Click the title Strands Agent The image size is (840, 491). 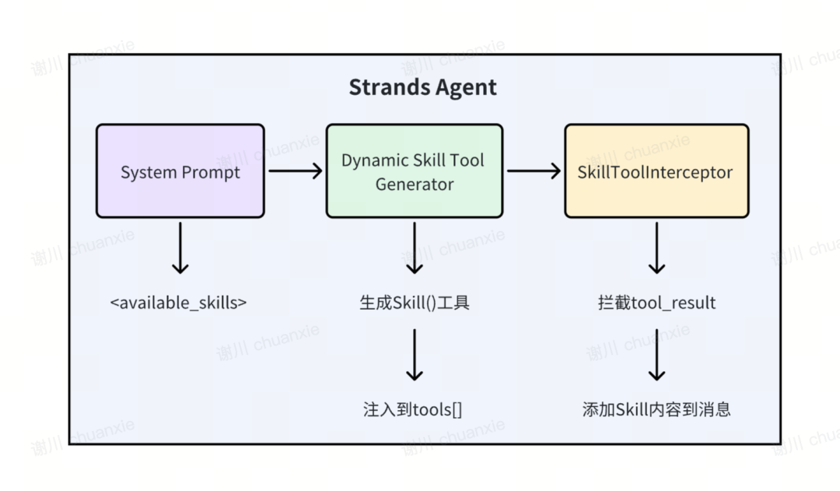pyautogui.click(x=422, y=87)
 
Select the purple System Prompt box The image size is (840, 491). pyautogui.click(x=180, y=171)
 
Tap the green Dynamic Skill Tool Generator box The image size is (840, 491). pyautogui.click(x=414, y=171)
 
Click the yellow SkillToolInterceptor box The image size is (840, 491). pyautogui.click(x=656, y=171)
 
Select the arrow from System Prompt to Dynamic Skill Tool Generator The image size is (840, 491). pyautogui.click(x=295, y=171)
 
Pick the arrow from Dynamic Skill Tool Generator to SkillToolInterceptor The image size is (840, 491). pyautogui.click(x=534, y=171)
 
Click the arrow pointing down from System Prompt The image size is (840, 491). pyautogui.click(x=180, y=247)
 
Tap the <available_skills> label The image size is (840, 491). pyautogui.click(x=178, y=303)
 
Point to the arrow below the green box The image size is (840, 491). pyautogui.click(x=414, y=247)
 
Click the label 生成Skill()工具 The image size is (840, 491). pyautogui.click(x=414, y=303)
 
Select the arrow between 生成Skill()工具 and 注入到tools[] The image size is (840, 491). pyautogui.click(x=414, y=354)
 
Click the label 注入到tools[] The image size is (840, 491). pyautogui.click(x=412, y=409)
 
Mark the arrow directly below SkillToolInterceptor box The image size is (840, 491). pyautogui.click(x=656, y=247)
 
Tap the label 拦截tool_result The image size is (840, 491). pyautogui.click(x=656, y=303)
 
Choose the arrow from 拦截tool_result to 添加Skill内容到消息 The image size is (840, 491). pyautogui.click(x=656, y=354)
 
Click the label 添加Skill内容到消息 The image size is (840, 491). pyautogui.click(x=656, y=409)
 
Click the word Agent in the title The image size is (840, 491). pyautogui.click(x=464, y=87)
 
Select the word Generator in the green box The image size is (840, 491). pyautogui.click(x=414, y=184)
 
